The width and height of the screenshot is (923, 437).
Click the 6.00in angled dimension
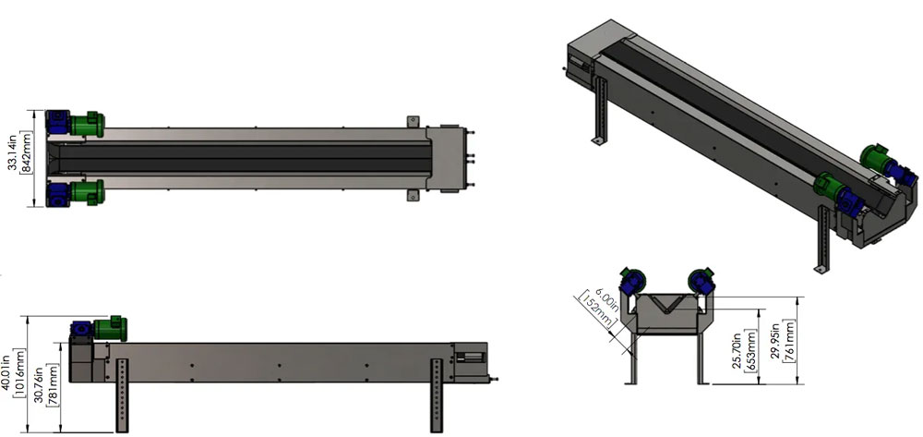(601, 295)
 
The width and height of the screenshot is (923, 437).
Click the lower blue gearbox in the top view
(57, 195)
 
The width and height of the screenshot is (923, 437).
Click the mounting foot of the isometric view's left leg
(598, 140)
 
